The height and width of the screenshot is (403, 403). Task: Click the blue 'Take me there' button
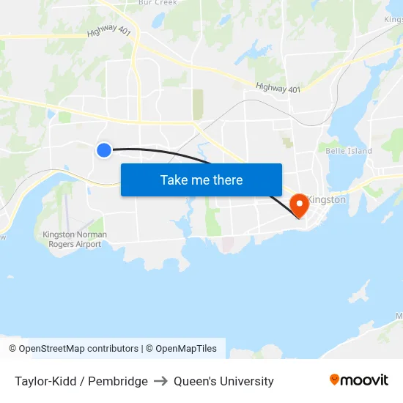coord(202,180)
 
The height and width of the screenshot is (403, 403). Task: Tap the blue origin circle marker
coord(104,149)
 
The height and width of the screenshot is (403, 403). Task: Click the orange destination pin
coord(299,204)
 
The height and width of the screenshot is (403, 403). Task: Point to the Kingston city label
coord(327,199)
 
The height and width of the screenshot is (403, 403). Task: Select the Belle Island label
coord(349,151)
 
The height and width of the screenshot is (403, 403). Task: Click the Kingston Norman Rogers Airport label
coord(75,240)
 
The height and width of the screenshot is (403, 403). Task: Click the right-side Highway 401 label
coord(278,88)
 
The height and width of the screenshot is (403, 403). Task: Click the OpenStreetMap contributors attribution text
coord(78,349)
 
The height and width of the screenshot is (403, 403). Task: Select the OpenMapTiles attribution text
coord(186,349)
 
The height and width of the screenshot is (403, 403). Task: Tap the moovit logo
coord(359,380)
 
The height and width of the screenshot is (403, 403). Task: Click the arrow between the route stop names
coord(160,381)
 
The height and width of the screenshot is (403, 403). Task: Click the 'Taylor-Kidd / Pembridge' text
coord(81,381)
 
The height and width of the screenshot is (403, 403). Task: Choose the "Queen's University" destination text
coord(223,381)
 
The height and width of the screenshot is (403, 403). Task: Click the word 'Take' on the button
coord(174,180)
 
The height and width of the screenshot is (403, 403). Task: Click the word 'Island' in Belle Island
coord(359,151)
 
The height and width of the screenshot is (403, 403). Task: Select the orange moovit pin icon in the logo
coord(335,380)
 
